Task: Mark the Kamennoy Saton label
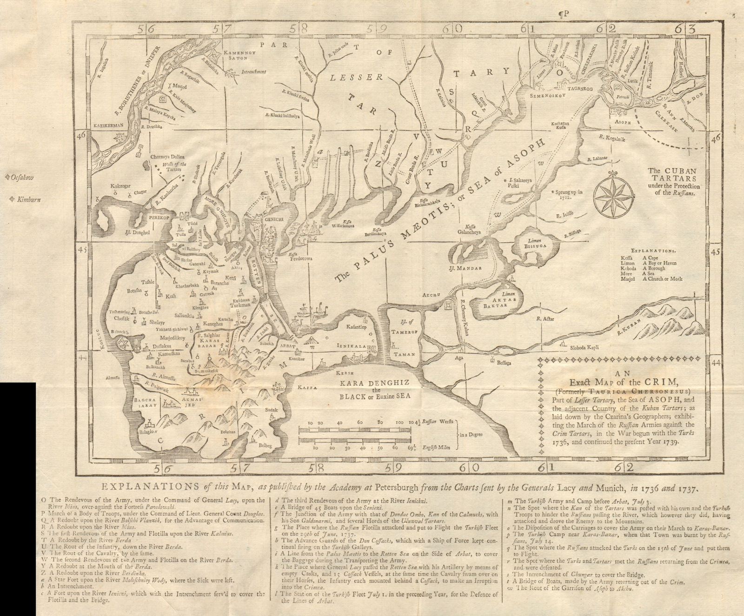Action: (238, 58)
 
